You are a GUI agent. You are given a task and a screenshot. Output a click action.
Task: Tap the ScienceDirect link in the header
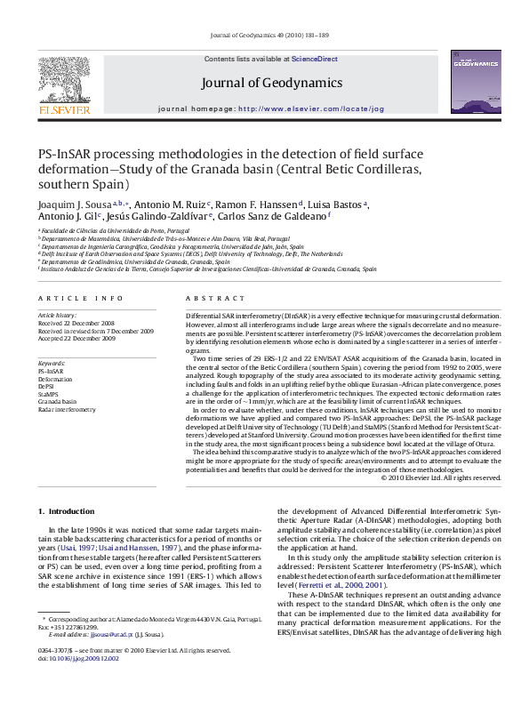(x=315, y=59)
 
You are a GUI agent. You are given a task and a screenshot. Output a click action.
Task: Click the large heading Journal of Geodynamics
(x=271, y=83)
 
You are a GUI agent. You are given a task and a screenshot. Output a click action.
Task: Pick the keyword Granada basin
(x=56, y=402)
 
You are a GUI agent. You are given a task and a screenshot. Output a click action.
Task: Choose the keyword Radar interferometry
(x=67, y=410)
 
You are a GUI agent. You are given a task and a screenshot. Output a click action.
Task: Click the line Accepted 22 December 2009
(x=76, y=339)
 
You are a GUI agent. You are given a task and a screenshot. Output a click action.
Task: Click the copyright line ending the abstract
(x=441, y=477)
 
